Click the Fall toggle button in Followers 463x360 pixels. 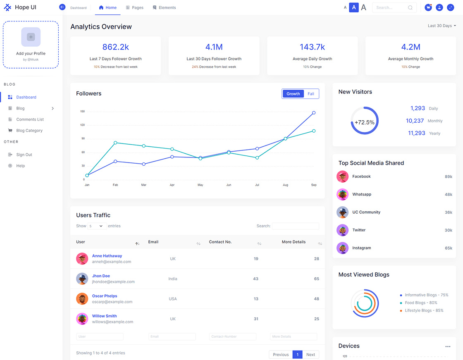311,94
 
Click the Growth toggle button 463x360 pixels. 293,94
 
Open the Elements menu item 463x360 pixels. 164,7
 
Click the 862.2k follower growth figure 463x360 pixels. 116,47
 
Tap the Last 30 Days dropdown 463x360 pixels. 442,26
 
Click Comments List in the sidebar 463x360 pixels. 30,119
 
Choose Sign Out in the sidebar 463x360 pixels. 24,155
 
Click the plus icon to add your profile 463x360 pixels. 31,37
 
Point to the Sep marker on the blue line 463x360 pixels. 314,112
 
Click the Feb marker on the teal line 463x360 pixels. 115,143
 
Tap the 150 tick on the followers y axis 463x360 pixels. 82,111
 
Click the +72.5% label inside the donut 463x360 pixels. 365,122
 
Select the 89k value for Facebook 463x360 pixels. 449,176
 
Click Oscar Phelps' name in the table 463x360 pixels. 105,296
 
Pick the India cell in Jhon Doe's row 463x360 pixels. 173,279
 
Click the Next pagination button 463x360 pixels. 310,355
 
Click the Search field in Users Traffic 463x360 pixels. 295,226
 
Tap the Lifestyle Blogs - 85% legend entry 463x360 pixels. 424,310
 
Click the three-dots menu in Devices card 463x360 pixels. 448,346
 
